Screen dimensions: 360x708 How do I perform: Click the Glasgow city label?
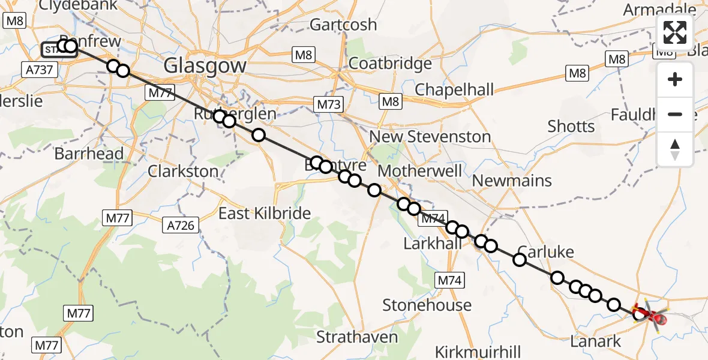[x=205, y=65]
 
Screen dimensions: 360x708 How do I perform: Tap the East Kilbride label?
[x=264, y=213]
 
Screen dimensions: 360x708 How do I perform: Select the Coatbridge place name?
[x=390, y=63]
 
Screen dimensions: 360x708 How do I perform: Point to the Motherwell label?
[x=420, y=171]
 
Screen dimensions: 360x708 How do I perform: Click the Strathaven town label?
[x=357, y=337]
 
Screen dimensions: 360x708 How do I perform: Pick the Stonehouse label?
[x=427, y=305]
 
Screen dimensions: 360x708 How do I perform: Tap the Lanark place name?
[x=596, y=342]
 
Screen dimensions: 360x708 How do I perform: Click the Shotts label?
[x=571, y=127]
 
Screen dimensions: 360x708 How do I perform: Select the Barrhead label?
[x=89, y=154]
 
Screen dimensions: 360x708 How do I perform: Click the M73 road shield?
[x=329, y=104]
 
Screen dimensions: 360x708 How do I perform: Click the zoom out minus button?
[x=675, y=114]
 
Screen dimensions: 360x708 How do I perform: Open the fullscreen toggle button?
[x=675, y=32]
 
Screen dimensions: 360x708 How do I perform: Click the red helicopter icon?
[x=652, y=316]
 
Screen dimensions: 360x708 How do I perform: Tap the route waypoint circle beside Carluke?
[x=520, y=259]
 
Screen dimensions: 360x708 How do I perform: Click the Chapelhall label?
[x=454, y=90]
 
